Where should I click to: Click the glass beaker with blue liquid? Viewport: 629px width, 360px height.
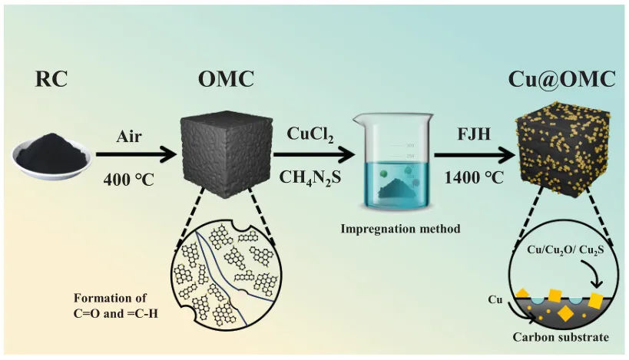click(x=391, y=160)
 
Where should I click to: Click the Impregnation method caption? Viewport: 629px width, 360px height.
click(x=390, y=228)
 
